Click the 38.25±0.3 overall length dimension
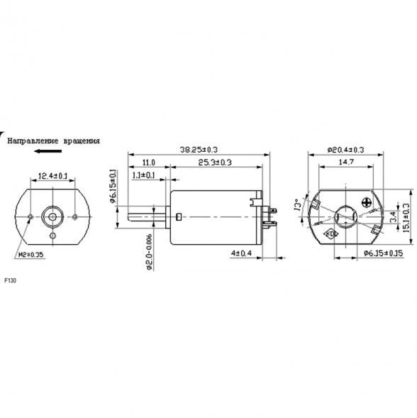tap(198, 150)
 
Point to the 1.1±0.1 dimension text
tap(145, 175)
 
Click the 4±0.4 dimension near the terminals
tap(242, 253)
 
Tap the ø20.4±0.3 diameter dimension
tap(345, 150)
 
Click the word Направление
tap(31, 141)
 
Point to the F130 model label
tap(10, 281)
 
